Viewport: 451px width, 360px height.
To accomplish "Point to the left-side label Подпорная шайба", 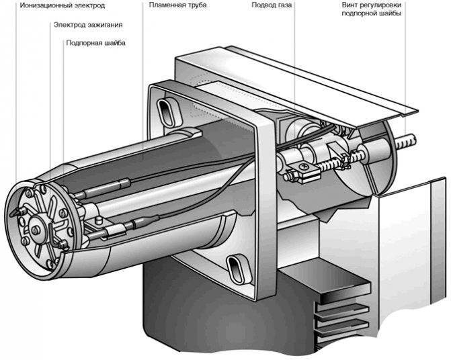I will (96, 43).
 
